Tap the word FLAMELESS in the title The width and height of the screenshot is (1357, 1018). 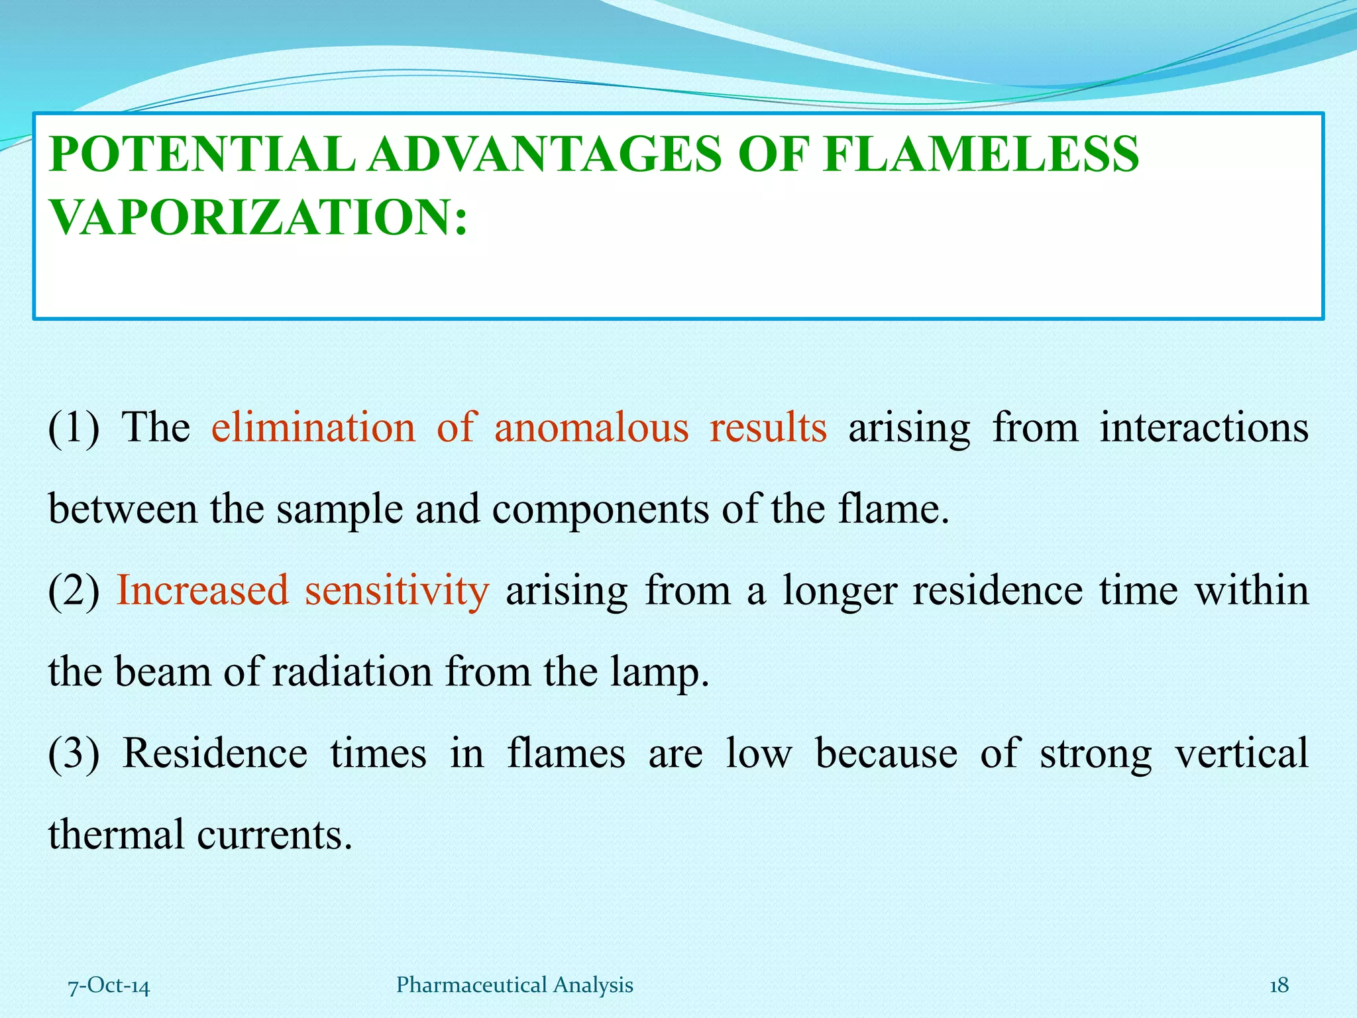pyautogui.click(x=980, y=154)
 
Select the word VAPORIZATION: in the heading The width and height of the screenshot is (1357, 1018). pyautogui.click(x=258, y=217)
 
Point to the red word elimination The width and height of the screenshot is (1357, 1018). pyautogui.click(x=313, y=427)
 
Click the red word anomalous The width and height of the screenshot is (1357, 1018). pyautogui.click(x=591, y=427)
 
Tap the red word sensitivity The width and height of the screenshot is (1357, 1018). pyautogui.click(x=397, y=590)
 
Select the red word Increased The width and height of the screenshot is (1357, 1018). pyautogui.click(x=203, y=590)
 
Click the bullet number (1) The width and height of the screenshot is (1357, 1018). pyautogui.click(x=74, y=427)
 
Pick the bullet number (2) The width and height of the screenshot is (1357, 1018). pyautogui.click(x=74, y=591)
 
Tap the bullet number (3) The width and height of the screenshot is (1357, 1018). pyautogui.click(x=74, y=754)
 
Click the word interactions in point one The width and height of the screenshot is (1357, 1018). pyautogui.click(x=1204, y=427)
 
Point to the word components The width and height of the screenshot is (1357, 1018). pyautogui.click(x=600, y=510)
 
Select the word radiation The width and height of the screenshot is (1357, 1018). pyautogui.click(x=352, y=671)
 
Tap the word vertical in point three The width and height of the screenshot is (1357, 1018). pyautogui.click(x=1241, y=753)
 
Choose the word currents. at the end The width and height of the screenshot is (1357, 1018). pyautogui.click(x=274, y=834)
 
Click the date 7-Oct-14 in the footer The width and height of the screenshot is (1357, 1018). pyautogui.click(x=109, y=986)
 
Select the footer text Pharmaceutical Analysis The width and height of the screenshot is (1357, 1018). pyautogui.click(x=515, y=985)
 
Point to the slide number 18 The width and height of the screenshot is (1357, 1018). pyautogui.click(x=1279, y=986)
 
